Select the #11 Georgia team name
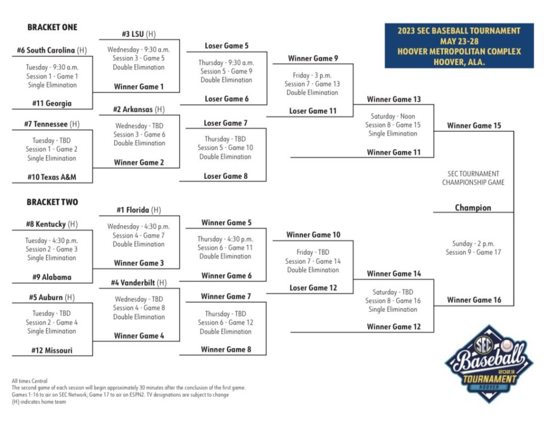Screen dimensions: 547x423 (x=52, y=103)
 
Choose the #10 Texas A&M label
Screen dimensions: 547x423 (x=52, y=177)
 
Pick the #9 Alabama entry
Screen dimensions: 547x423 (x=52, y=277)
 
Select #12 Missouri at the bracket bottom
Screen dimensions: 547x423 (x=52, y=350)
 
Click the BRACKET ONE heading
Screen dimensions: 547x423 (x=52, y=27)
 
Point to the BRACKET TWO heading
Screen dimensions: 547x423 (x=52, y=202)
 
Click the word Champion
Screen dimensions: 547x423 (x=473, y=208)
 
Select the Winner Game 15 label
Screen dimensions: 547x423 (x=474, y=126)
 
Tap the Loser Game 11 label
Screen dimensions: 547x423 (x=312, y=111)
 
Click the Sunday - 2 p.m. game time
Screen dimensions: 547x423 (x=473, y=244)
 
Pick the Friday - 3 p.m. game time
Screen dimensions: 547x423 (x=312, y=75)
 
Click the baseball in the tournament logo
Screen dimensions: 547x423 (x=506, y=345)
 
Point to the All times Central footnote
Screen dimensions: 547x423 (x=29, y=381)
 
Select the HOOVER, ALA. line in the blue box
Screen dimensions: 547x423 (x=459, y=62)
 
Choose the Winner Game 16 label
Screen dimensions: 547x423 (x=474, y=300)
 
